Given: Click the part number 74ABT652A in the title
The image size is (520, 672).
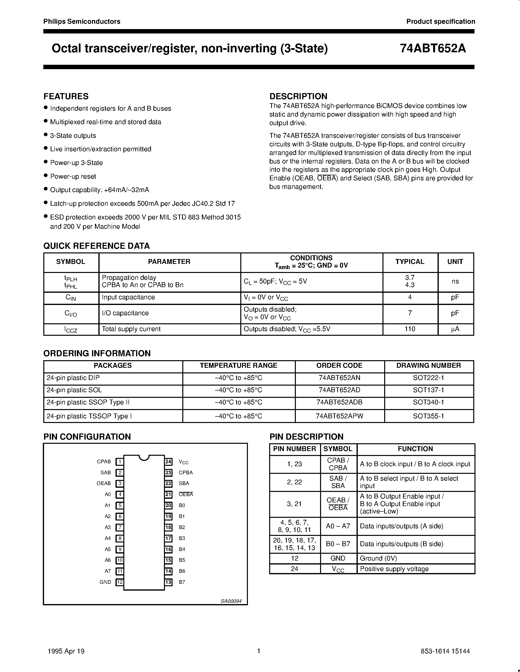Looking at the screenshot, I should click(433, 49).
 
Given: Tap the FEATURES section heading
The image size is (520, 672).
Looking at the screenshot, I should click(66, 96).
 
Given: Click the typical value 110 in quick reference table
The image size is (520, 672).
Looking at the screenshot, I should click(410, 329).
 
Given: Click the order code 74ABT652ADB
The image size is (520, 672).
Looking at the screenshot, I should click(339, 402).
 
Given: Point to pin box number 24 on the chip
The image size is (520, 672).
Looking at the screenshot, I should click(168, 462).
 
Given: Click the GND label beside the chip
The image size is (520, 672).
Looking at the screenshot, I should click(105, 582).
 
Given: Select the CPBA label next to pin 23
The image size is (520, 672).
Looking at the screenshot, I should click(186, 473).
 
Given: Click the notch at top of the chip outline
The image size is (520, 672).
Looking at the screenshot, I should click(144, 457).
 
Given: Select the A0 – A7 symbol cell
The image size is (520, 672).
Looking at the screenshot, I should click(338, 526).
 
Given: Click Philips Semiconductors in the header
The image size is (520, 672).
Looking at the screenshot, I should click(82, 22).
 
